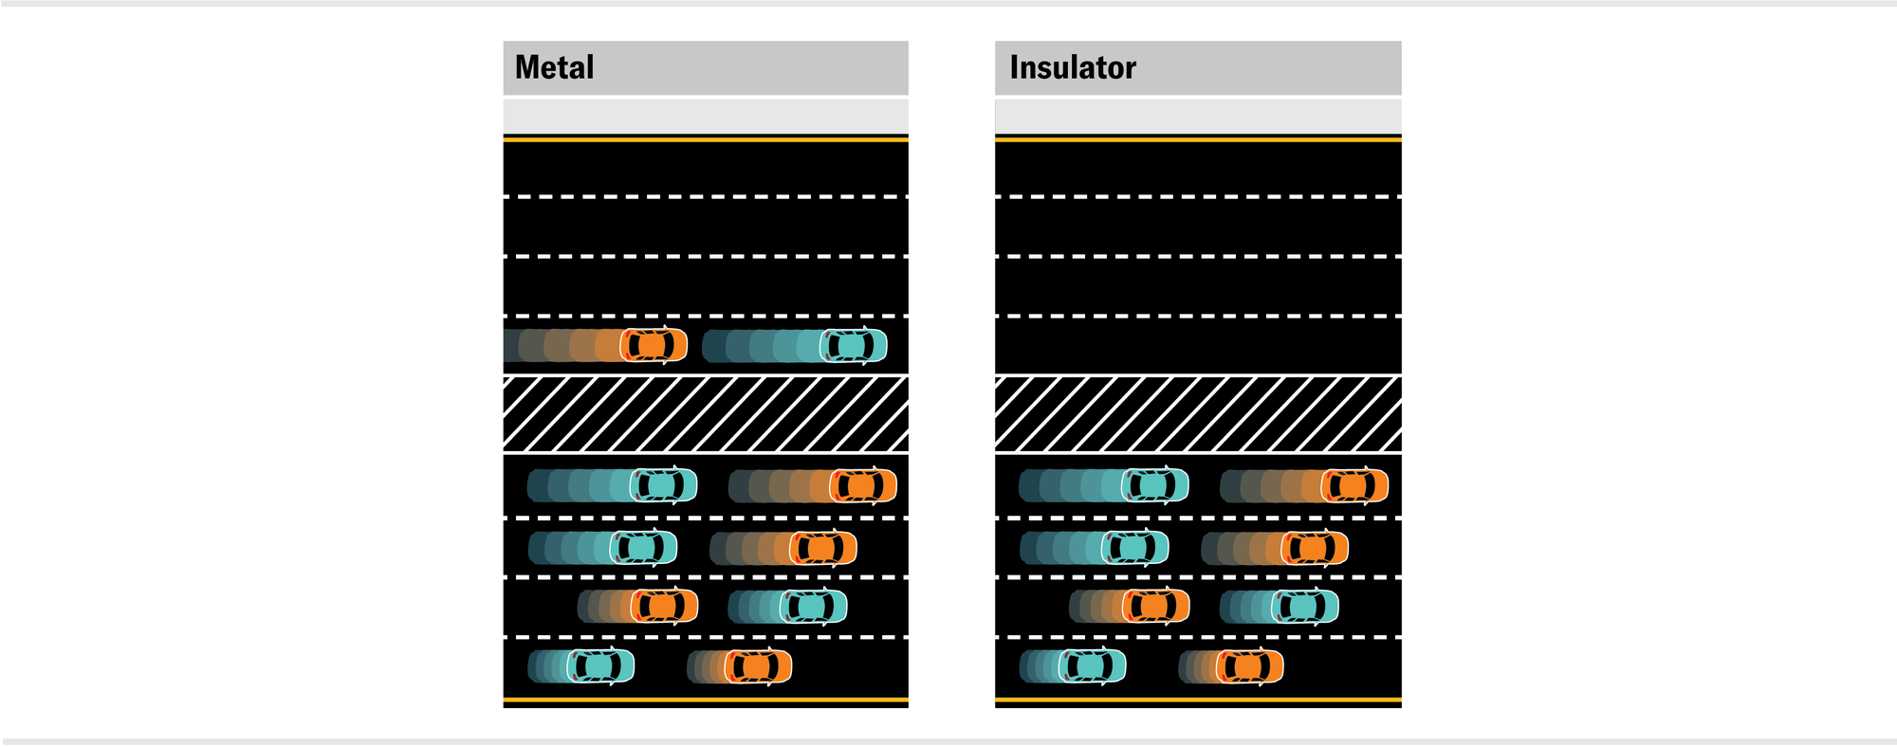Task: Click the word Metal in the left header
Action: (x=554, y=67)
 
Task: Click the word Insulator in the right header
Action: (x=1072, y=67)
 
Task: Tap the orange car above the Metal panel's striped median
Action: (x=654, y=345)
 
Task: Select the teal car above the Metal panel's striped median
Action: (x=854, y=345)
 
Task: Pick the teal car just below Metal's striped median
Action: (x=663, y=485)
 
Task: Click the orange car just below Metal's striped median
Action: (x=863, y=485)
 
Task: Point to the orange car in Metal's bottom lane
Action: (x=758, y=666)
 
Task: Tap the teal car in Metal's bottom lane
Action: (x=600, y=666)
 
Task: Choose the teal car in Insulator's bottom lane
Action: (x=1092, y=666)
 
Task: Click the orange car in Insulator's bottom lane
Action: (x=1249, y=666)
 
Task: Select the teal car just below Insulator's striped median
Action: (x=1154, y=485)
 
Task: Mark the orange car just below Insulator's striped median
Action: (x=1354, y=485)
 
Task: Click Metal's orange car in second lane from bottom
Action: (x=664, y=606)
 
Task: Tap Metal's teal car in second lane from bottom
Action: (x=813, y=606)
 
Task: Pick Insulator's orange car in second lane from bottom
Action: (x=1155, y=606)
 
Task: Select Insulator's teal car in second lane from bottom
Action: (x=1304, y=606)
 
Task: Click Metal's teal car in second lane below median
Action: (x=643, y=547)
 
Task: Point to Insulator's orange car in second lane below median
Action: (x=1315, y=547)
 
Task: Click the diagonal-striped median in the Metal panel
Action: (x=706, y=414)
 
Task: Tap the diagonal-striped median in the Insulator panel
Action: (x=1198, y=414)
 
